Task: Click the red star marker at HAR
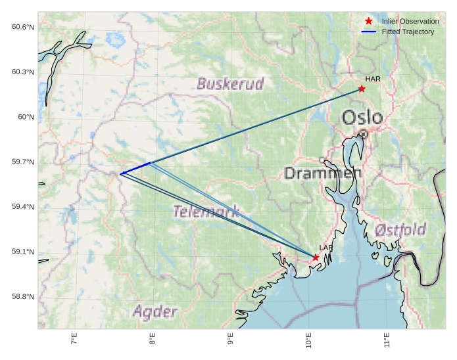click(362, 89)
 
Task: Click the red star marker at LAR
click(316, 258)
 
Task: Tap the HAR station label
click(373, 79)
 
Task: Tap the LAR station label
click(326, 248)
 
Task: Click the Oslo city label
click(362, 118)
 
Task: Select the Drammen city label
click(323, 173)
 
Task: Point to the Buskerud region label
click(230, 84)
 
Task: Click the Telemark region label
click(206, 212)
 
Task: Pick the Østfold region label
click(400, 231)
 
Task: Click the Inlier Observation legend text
click(410, 22)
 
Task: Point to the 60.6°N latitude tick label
click(22, 27)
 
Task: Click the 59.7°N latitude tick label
click(22, 162)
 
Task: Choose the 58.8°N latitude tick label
click(22, 297)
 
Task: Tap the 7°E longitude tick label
click(74, 341)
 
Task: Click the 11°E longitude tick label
click(387, 342)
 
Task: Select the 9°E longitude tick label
click(230, 341)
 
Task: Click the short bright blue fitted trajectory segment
click(135, 168)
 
